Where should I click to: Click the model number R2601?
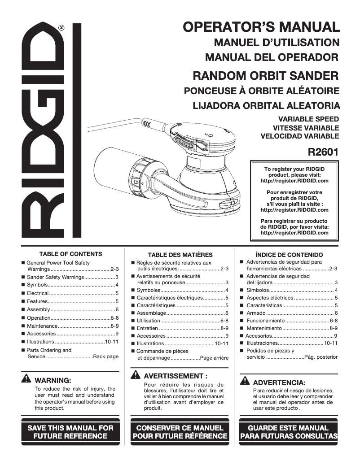coord(323,152)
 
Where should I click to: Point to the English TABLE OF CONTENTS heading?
coord(70,254)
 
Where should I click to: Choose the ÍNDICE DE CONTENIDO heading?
coord(289,255)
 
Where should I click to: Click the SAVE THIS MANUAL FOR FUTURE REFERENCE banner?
coord(70,431)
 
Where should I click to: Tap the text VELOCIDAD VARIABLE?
coord(299,136)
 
